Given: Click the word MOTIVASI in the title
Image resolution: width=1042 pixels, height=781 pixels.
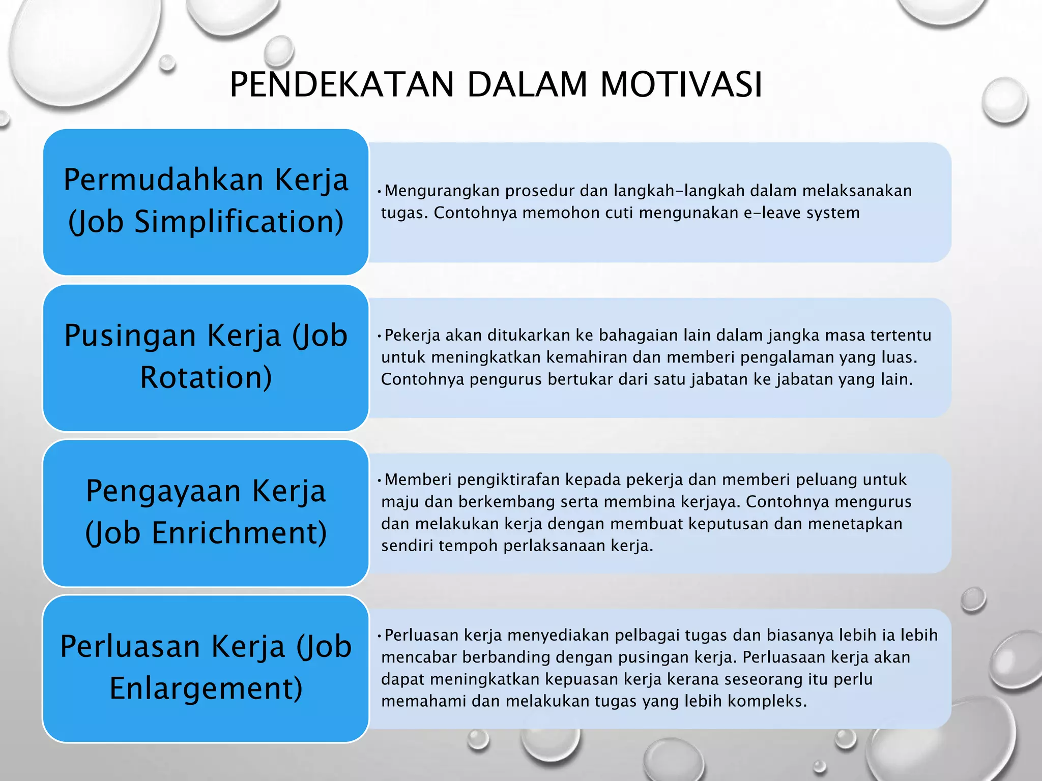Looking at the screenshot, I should tap(681, 84).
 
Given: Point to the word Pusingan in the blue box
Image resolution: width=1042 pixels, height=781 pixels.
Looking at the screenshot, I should tap(130, 336).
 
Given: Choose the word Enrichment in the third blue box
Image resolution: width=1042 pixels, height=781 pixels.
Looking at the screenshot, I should tap(239, 533).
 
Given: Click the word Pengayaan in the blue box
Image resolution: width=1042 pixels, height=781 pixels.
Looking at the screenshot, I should tap(163, 491).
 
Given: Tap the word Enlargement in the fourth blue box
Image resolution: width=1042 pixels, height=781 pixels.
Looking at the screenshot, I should tap(206, 688).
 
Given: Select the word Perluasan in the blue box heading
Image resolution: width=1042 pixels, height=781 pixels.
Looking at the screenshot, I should tap(130, 647).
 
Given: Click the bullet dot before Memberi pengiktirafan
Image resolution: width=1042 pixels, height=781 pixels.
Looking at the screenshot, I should tap(379, 480).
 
